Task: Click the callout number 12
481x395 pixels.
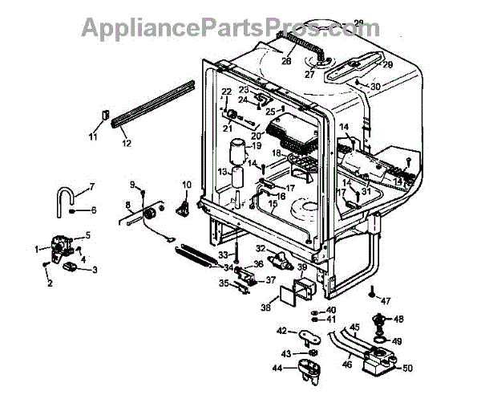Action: (125, 144)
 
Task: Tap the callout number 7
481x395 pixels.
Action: (91, 187)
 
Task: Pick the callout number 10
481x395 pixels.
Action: (186, 185)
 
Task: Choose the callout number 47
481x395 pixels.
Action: (386, 301)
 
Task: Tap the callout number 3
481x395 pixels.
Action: (95, 270)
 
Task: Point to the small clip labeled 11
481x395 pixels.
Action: (103, 113)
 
